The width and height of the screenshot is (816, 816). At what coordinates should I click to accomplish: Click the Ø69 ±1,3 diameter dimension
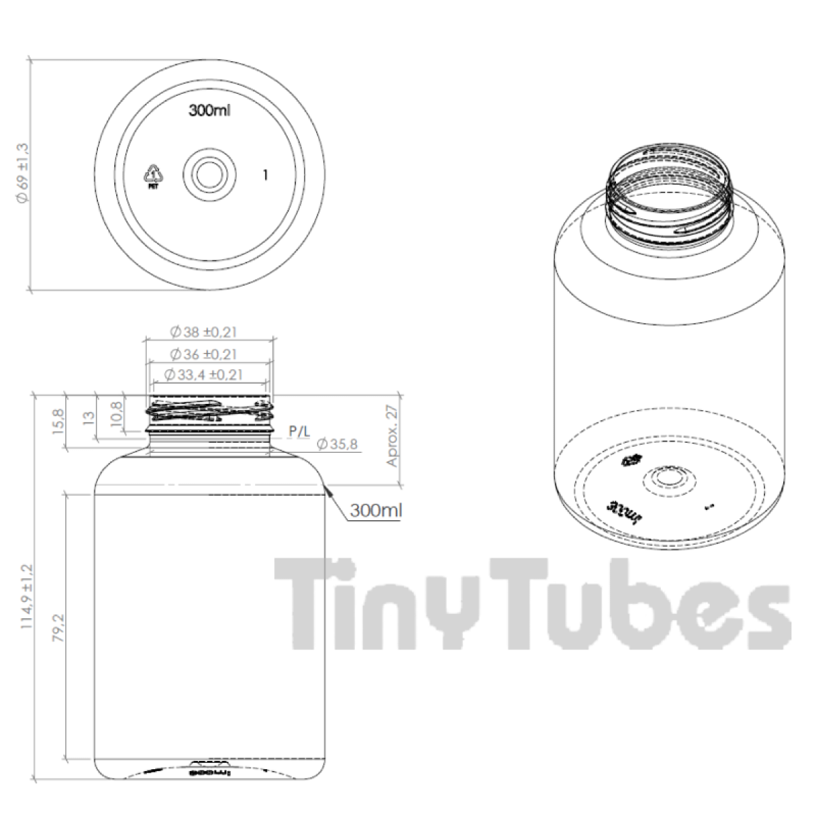pyautogui.click(x=22, y=174)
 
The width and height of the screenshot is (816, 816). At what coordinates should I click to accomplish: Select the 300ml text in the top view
pyautogui.click(x=209, y=110)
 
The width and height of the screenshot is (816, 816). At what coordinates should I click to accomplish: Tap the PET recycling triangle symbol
pyautogui.click(x=152, y=175)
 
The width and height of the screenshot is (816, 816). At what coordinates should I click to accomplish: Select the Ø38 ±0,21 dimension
pyautogui.click(x=204, y=333)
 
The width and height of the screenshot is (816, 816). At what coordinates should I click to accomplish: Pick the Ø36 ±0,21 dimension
pyautogui.click(x=204, y=354)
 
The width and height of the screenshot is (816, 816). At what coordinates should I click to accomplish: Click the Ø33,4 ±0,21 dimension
pyautogui.click(x=204, y=375)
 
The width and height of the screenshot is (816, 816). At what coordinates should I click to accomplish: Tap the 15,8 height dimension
pyautogui.click(x=58, y=422)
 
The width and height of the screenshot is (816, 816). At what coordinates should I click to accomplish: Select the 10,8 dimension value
pyautogui.click(x=116, y=413)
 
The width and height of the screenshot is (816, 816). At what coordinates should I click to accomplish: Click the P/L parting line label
pyautogui.click(x=299, y=430)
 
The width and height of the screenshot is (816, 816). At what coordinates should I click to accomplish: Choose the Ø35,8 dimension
pyautogui.click(x=338, y=445)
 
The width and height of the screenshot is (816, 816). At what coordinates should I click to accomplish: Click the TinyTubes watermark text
pyautogui.click(x=530, y=602)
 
